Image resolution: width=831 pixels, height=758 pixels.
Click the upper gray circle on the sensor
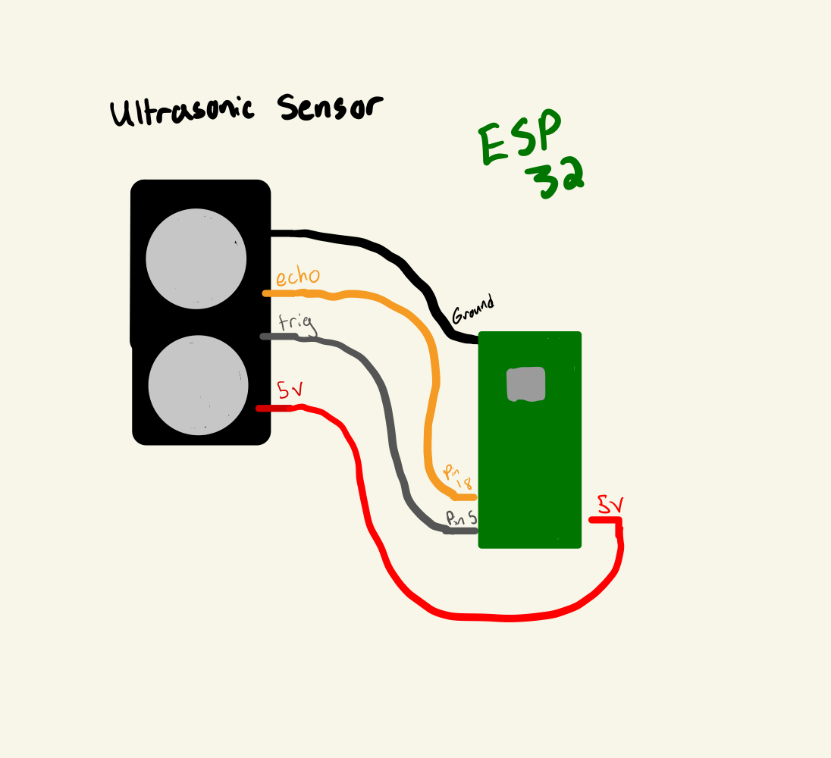(196, 258)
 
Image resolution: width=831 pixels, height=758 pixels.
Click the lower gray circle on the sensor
(198, 385)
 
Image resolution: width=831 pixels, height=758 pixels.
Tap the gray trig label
(296, 324)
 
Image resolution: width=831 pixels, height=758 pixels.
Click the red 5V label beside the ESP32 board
(610, 504)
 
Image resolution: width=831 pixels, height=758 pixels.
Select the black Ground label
(472, 310)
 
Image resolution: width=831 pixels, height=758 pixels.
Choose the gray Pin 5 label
(461, 518)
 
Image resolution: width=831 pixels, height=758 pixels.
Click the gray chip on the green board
(526, 384)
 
